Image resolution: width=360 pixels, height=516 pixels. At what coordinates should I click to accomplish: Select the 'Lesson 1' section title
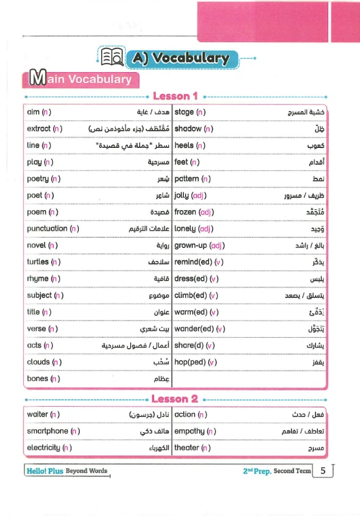(x=175, y=96)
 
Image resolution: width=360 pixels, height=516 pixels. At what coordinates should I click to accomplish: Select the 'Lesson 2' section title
(x=175, y=399)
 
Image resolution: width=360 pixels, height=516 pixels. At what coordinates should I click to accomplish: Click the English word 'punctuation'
(x=47, y=229)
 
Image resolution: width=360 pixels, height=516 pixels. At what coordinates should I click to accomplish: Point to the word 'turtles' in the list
(x=38, y=262)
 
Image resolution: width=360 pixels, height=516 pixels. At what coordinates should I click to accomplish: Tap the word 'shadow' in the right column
(x=188, y=129)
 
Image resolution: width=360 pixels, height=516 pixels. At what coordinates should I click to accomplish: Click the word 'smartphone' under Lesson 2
(x=48, y=431)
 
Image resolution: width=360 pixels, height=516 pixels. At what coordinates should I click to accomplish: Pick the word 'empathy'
(x=189, y=431)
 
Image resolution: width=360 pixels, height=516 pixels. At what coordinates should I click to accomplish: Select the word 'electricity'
(x=43, y=448)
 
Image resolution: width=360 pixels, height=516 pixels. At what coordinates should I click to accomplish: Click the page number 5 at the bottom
(x=322, y=471)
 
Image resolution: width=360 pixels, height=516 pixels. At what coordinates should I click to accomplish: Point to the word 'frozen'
(x=186, y=212)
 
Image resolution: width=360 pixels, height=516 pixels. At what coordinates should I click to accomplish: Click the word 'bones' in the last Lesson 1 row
(x=37, y=379)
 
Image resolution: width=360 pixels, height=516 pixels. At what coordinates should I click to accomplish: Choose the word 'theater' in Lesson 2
(x=186, y=448)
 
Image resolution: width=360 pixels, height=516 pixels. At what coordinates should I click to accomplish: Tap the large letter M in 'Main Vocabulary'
(x=37, y=79)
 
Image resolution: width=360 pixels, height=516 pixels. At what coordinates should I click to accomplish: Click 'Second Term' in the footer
(x=292, y=471)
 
